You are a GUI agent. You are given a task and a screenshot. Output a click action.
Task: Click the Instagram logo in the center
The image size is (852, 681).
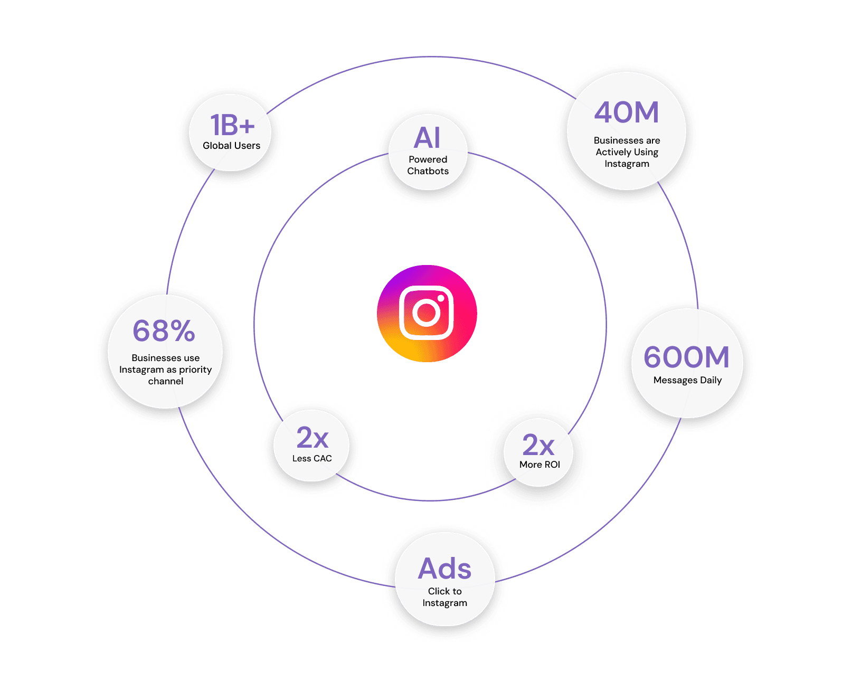point(427,313)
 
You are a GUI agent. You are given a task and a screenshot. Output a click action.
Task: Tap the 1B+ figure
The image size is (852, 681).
point(232,126)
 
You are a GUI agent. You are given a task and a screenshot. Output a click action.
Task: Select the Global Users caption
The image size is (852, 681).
point(231,146)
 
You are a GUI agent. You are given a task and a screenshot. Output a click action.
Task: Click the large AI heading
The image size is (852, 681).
point(427,138)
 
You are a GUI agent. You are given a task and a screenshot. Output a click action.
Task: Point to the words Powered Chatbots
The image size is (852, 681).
point(428,165)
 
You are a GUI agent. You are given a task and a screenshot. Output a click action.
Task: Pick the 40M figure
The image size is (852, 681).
point(627,112)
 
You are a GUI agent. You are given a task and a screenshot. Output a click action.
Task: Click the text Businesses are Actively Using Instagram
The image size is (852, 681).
point(627,152)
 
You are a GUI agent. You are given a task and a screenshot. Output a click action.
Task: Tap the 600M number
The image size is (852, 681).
point(686,357)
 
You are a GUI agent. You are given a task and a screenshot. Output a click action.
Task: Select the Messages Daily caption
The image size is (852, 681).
point(687,380)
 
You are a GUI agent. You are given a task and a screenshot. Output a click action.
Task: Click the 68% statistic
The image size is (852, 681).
point(164,331)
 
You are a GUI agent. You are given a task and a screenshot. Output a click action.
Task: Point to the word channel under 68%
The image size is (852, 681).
point(166,381)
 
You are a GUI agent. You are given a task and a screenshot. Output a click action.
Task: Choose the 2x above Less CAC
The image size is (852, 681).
point(313,438)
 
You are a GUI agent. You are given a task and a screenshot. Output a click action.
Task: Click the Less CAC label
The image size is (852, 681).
point(312,458)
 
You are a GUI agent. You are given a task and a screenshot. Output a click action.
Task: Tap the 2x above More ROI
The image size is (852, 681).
point(538,445)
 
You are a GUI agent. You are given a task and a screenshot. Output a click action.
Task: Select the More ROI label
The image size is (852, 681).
point(539,465)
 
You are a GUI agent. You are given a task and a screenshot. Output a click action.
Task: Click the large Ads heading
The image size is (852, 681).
point(444,569)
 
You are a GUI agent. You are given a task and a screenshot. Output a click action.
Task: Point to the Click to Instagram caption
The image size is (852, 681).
point(444,597)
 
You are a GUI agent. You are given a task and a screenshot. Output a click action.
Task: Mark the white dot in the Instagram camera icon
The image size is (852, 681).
point(441,298)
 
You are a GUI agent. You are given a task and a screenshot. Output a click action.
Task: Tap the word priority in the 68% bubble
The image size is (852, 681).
point(195,370)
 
